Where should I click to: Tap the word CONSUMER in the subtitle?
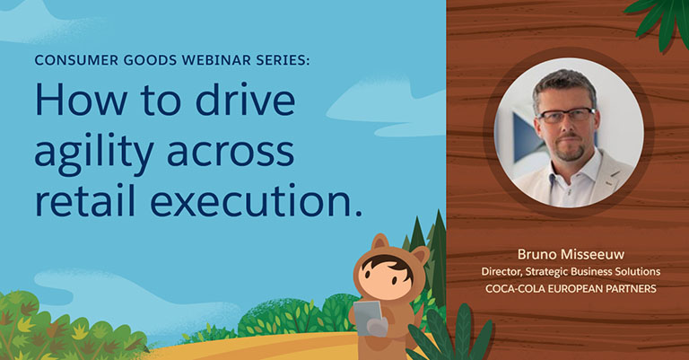tap(76, 60)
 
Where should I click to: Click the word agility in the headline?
tap(93, 152)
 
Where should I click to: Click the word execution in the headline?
tap(256, 200)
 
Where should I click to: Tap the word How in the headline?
tap(81, 99)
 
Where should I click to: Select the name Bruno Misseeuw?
tap(571, 254)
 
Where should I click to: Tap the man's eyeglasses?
tap(566, 115)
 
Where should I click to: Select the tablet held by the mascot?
tap(367, 318)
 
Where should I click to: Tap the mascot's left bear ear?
tap(379, 243)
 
